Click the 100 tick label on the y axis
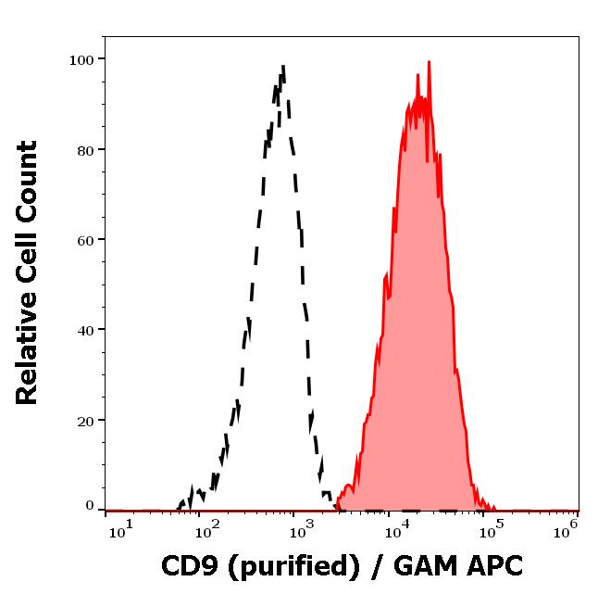[81, 59]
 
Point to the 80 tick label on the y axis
[85, 149]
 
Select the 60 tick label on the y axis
[85, 239]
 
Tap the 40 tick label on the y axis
[85, 329]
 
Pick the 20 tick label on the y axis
[85, 420]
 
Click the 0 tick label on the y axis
[90, 507]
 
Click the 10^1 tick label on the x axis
[121, 528]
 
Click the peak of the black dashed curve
[282, 67]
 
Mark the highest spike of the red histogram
[429, 62]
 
